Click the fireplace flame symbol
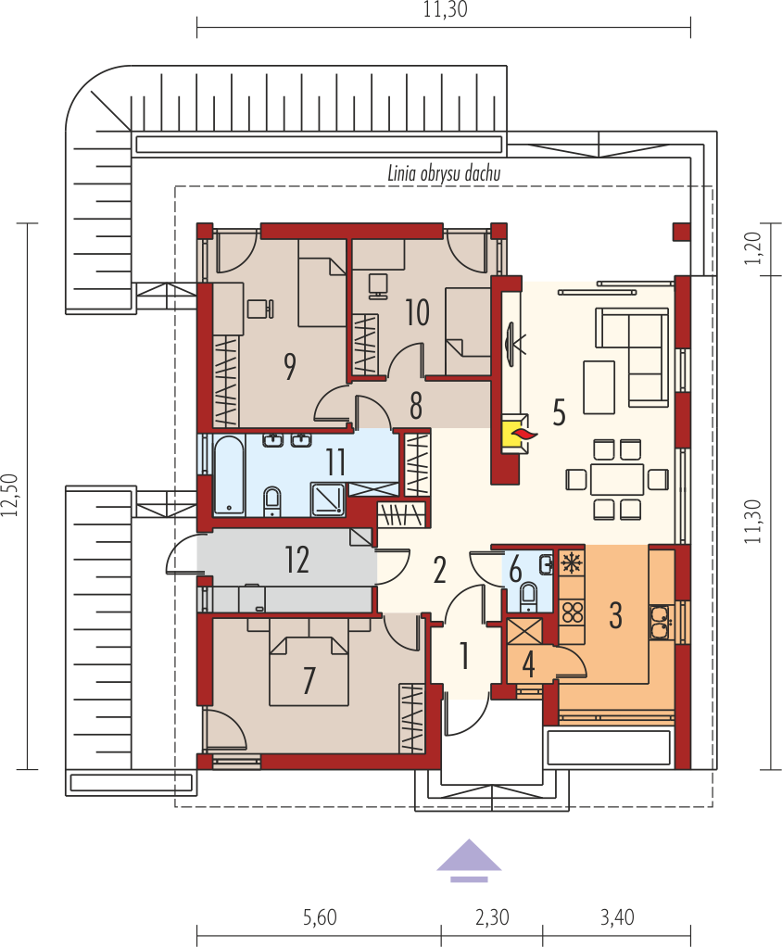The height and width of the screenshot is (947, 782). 523,433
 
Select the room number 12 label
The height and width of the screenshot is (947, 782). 297,560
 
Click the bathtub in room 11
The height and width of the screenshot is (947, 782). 229,474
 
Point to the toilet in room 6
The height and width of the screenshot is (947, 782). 530,594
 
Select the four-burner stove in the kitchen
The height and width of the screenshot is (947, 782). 572,612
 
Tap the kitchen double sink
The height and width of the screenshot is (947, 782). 662,622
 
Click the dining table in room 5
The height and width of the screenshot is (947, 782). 617,479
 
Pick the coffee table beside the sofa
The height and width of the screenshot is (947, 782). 599,387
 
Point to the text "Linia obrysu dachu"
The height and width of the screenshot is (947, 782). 444,174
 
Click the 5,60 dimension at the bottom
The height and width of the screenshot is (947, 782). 320,917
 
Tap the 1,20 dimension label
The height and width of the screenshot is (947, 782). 752,248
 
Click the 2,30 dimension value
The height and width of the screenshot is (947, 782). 492,917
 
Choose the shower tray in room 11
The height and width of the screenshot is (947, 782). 328,499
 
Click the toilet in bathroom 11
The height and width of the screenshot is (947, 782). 273,502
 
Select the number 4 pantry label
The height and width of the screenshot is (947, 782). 528,664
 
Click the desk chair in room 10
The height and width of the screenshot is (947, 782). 379,285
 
